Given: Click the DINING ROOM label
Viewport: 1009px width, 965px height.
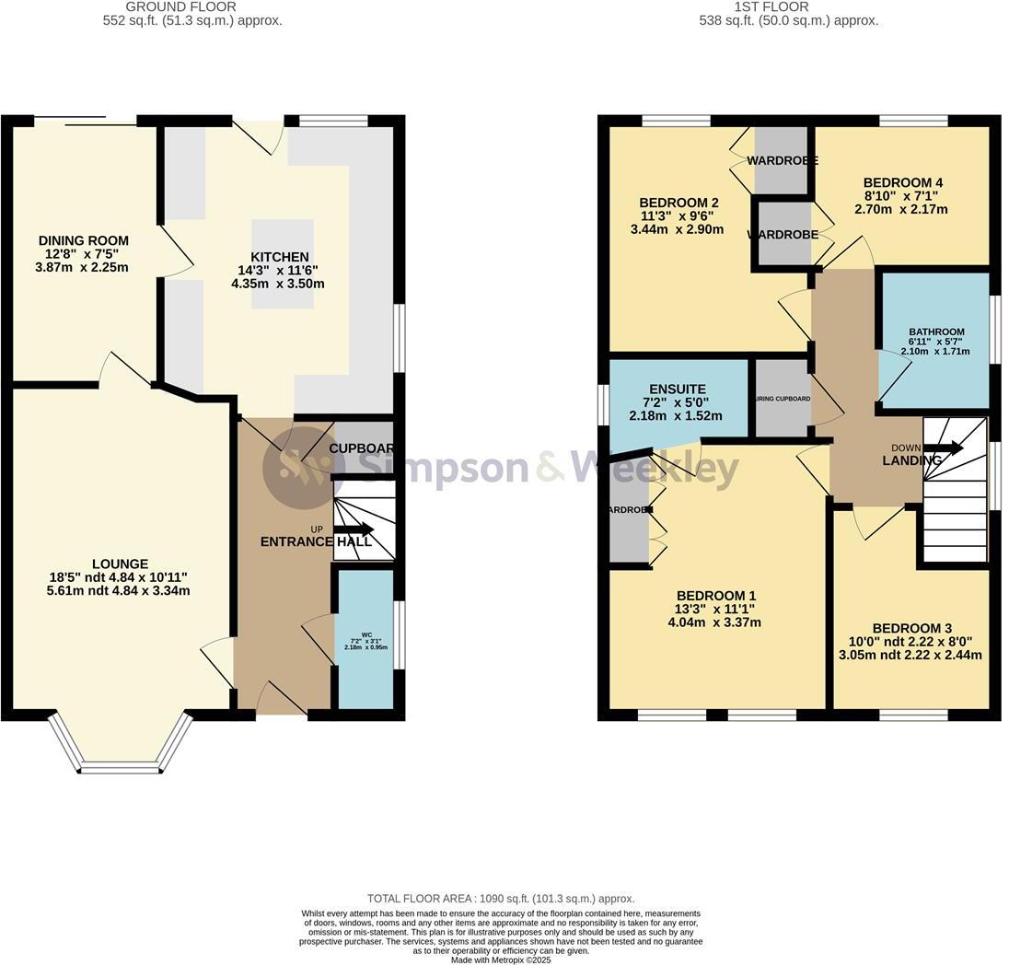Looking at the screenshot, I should pos(83,241).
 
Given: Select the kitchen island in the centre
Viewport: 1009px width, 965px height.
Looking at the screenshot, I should pos(275,263).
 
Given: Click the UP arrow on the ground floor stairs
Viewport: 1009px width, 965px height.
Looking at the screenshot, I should pos(354,529).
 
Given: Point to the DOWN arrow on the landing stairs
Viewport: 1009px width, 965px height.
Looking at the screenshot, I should pos(945,448).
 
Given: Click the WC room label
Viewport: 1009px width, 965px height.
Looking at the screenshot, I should pos(365,634).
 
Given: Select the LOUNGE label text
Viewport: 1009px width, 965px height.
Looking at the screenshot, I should pos(120,564).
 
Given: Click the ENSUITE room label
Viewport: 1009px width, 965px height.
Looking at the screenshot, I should pos(677,389).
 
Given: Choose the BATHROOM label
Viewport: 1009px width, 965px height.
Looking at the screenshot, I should pos(936,332).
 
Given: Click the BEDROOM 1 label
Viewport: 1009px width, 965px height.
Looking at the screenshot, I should pos(717,595).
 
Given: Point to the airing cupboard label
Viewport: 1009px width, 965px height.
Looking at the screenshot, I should pos(782,399).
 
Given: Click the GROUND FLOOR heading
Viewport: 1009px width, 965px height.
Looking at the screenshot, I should pos(192,6).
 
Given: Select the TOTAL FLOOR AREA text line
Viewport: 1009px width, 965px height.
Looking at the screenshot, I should pos(501,898).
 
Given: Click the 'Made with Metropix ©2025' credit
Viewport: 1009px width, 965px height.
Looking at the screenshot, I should pos(501,959).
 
